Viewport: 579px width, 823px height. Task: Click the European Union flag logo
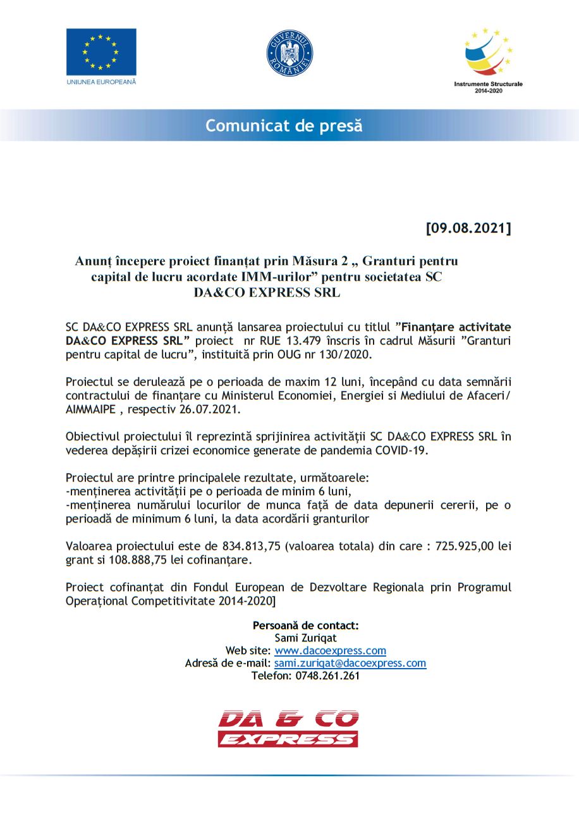coord(101,52)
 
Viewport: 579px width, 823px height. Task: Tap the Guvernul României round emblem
coord(289,53)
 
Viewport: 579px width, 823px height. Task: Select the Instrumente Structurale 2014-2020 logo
coord(489,60)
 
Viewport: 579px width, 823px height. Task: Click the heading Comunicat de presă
coord(284,125)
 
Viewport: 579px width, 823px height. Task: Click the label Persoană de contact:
coord(306,625)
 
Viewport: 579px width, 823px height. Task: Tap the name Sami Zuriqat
coord(306,638)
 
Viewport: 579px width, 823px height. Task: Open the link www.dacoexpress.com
coord(330,650)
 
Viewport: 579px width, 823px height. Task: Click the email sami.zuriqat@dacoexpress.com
coord(350,663)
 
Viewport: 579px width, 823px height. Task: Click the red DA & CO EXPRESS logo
coord(288,728)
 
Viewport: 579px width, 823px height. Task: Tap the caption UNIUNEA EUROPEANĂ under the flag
coord(101,82)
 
